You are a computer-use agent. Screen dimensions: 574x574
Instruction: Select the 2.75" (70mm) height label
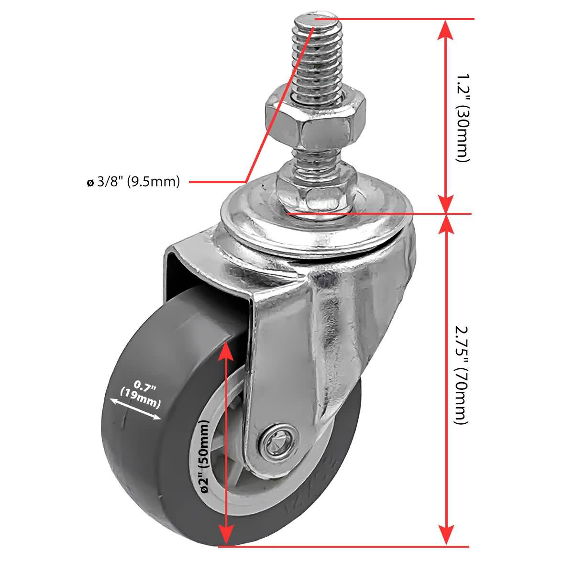(x=460, y=375)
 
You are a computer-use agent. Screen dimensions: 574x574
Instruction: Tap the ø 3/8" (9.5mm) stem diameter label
(x=133, y=182)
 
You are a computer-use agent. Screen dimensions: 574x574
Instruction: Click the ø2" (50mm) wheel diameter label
(x=204, y=457)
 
